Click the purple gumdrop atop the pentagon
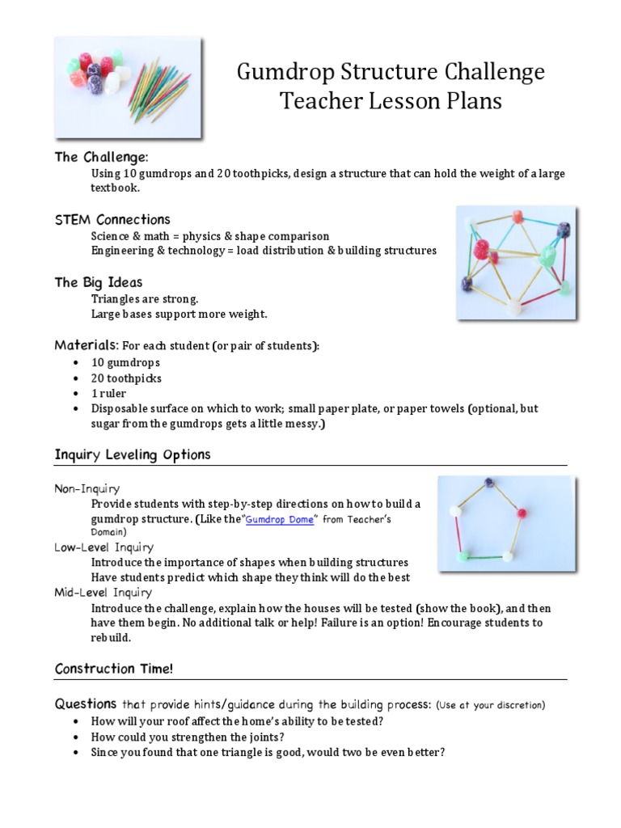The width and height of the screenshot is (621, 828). coord(488,484)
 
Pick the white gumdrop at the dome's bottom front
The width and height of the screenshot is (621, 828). coord(512,306)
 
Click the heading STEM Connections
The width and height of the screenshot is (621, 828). coord(112,219)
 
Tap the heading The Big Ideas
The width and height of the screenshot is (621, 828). coord(98,282)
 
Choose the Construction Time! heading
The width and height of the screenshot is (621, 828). coord(113,669)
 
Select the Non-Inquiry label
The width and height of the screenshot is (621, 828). coord(87,488)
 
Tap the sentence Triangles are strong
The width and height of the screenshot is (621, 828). coord(145,298)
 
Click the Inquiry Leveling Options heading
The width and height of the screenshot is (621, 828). coord(132,454)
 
